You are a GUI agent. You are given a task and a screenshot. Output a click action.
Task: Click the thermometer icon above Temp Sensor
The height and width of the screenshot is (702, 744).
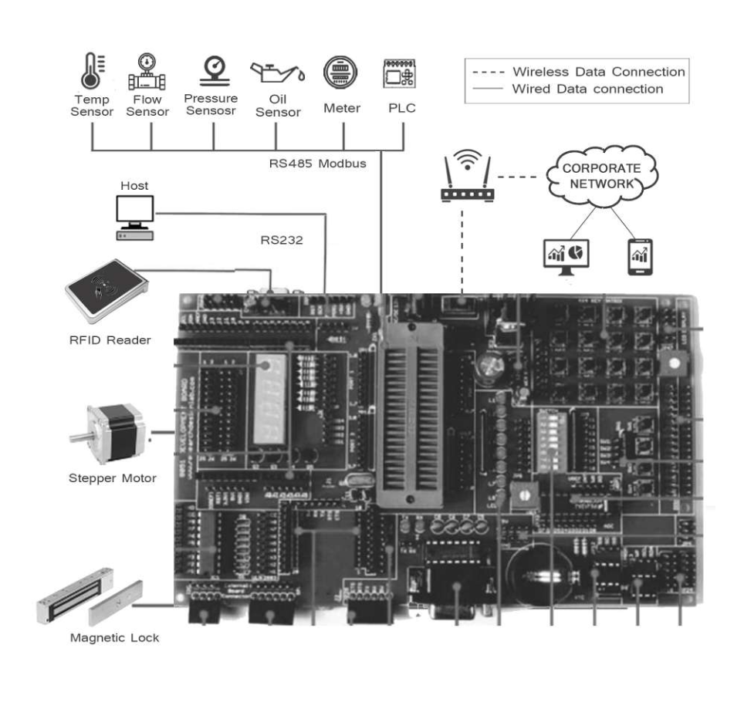(92, 73)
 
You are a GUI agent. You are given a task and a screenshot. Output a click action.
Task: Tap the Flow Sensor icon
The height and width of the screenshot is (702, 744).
(147, 73)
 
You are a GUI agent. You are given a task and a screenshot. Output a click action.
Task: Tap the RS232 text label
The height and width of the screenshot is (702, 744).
(282, 239)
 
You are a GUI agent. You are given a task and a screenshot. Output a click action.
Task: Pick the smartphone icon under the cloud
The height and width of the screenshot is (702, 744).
(639, 256)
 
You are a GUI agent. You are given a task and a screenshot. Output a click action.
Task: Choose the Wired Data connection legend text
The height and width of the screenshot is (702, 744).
(587, 89)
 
